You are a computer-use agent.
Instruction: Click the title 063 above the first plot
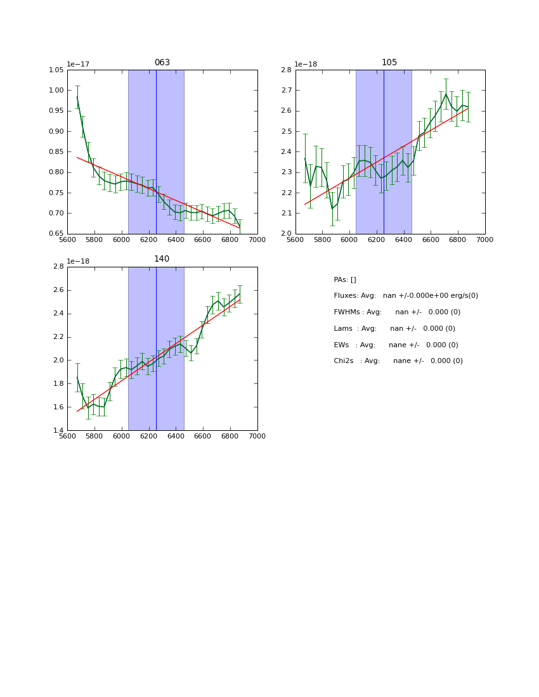click(162, 63)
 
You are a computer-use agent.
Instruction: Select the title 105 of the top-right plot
click(389, 63)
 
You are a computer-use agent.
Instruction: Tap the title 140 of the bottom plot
click(162, 259)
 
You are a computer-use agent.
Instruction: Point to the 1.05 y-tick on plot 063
click(56, 70)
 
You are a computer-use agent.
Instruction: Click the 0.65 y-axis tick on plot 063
click(56, 234)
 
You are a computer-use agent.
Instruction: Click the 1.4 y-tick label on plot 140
click(58, 430)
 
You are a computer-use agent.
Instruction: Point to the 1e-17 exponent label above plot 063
click(78, 64)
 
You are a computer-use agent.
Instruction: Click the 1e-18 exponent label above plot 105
click(306, 64)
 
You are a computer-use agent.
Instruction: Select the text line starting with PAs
click(345, 279)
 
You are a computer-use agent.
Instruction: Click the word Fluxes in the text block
click(346, 296)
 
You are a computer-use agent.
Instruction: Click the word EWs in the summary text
click(341, 345)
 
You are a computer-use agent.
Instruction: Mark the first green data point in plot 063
click(77, 97)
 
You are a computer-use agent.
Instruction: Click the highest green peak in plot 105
click(446, 94)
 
